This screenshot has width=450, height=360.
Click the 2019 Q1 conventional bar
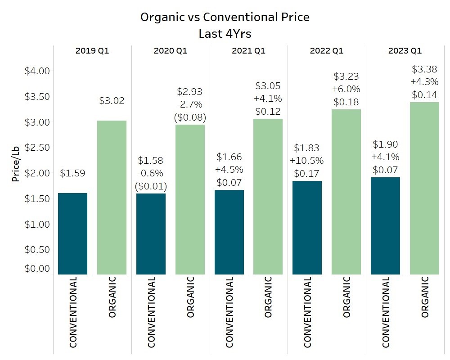[72, 234]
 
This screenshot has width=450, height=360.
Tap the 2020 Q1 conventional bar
[151, 234]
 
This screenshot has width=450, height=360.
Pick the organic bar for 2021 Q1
[268, 196]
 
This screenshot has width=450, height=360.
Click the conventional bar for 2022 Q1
[307, 227]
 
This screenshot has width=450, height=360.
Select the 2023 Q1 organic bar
[424, 188]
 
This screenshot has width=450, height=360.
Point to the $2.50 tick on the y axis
[37, 148]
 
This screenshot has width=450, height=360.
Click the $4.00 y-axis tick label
[37, 71]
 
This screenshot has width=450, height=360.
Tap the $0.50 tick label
[37, 250]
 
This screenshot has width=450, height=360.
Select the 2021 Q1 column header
[248, 51]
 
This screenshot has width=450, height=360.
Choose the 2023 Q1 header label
[405, 51]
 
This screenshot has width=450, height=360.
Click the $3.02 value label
[112, 100]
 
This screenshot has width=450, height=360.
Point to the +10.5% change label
[306, 161]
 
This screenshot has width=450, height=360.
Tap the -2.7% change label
[189, 105]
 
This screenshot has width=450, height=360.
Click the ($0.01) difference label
[151, 186]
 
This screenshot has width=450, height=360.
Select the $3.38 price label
[424, 69]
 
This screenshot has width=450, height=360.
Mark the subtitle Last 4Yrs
[225, 34]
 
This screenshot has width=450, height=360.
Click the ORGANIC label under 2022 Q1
[346, 297]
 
